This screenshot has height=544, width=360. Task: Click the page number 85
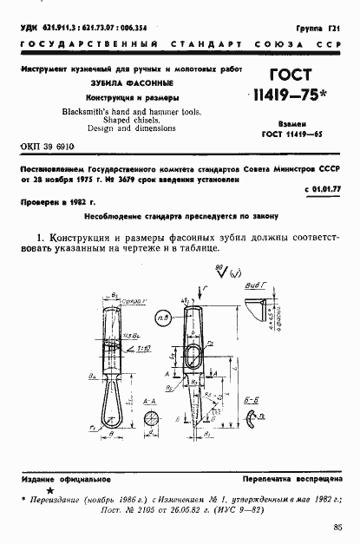pos(337,525)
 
